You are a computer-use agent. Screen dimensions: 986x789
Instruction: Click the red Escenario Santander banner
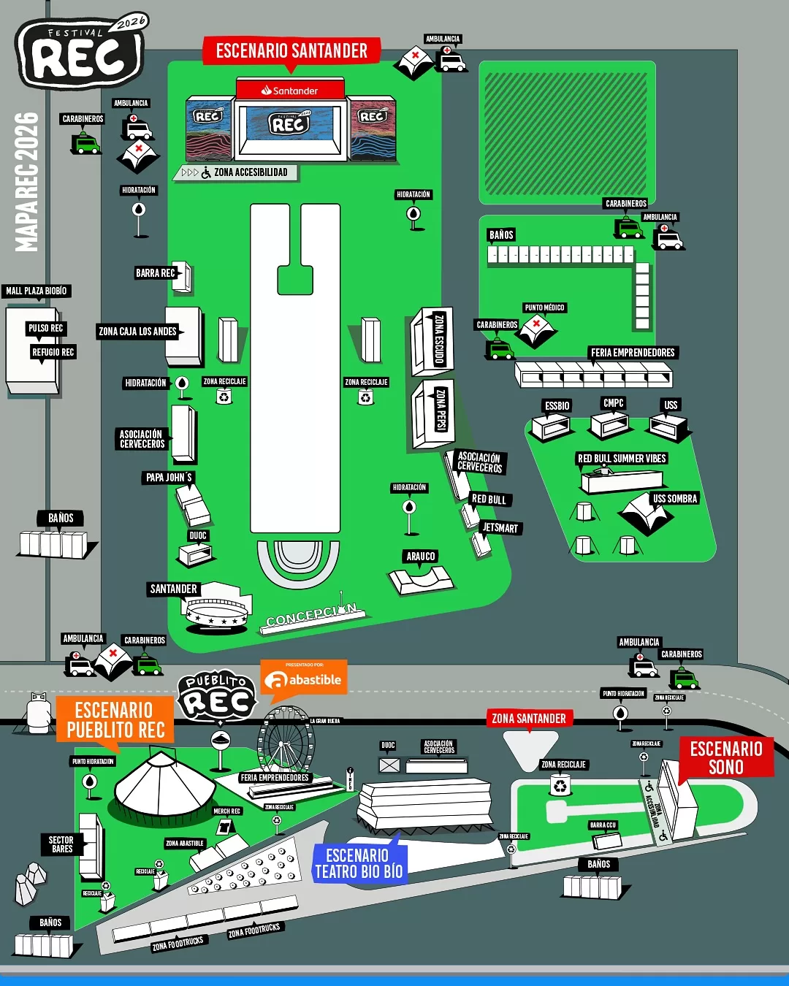click(291, 51)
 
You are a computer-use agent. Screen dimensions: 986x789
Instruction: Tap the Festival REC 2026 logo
click(80, 53)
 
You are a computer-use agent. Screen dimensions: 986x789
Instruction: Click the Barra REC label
click(156, 273)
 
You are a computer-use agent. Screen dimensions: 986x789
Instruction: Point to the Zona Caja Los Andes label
click(137, 332)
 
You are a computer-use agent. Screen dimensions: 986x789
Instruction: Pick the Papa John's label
click(169, 478)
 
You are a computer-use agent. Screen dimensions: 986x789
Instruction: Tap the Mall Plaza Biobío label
click(37, 291)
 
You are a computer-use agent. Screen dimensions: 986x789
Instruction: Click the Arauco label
click(421, 557)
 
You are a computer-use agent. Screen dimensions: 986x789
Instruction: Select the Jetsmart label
click(500, 528)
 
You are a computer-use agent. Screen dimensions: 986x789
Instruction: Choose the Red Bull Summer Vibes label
click(622, 459)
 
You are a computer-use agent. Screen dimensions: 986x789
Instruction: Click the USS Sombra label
click(675, 499)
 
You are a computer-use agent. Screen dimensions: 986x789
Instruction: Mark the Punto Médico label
click(544, 307)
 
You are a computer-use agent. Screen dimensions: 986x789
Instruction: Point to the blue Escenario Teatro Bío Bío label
click(358, 863)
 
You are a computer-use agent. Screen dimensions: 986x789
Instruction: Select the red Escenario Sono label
click(725, 757)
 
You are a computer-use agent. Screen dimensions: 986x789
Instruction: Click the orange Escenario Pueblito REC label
click(115, 719)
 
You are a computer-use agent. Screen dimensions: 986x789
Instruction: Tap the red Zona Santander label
click(529, 719)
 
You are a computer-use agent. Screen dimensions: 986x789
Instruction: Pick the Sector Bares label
click(61, 844)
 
